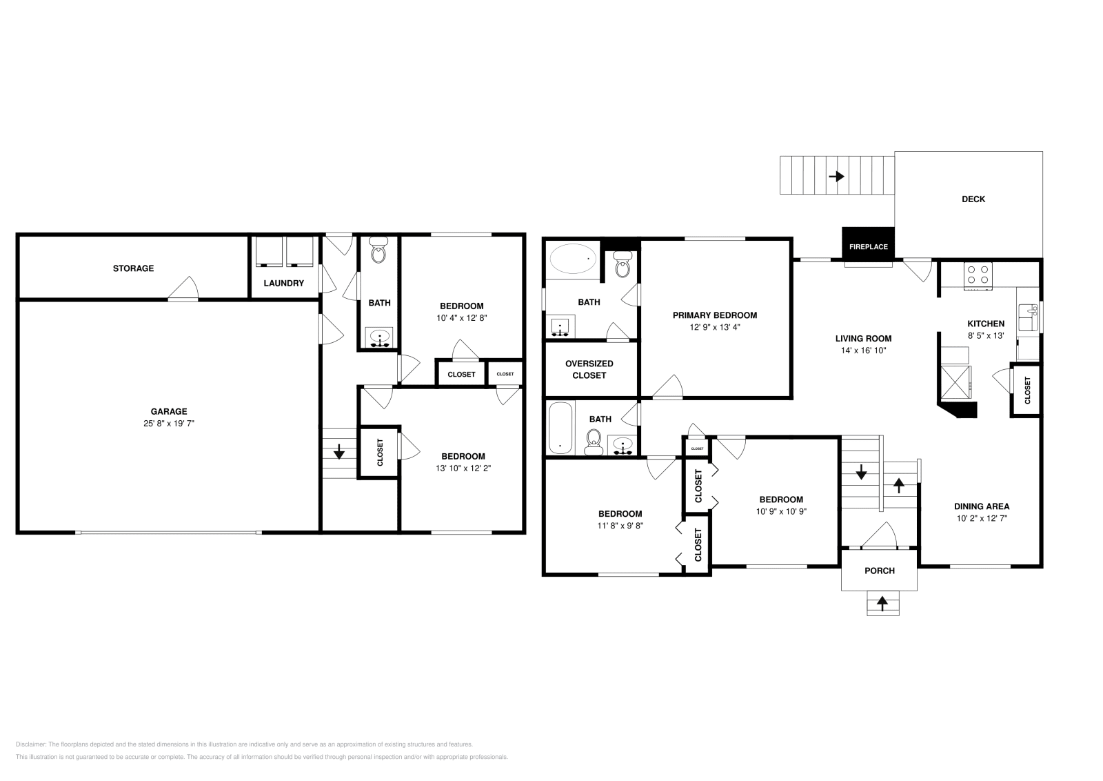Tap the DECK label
[973, 199]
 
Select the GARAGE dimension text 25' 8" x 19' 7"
[169, 424]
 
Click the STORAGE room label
[133, 268]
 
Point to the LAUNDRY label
[283, 284]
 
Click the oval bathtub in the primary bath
[573, 261]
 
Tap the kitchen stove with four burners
[978, 275]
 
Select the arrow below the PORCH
[882, 603]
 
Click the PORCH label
[879, 571]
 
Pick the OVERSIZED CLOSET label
[589, 369]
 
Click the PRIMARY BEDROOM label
[714, 315]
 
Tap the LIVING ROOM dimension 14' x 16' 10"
[863, 350]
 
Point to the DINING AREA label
[981, 506]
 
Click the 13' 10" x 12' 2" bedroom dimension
[463, 468]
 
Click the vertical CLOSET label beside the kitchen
[1027, 390]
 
